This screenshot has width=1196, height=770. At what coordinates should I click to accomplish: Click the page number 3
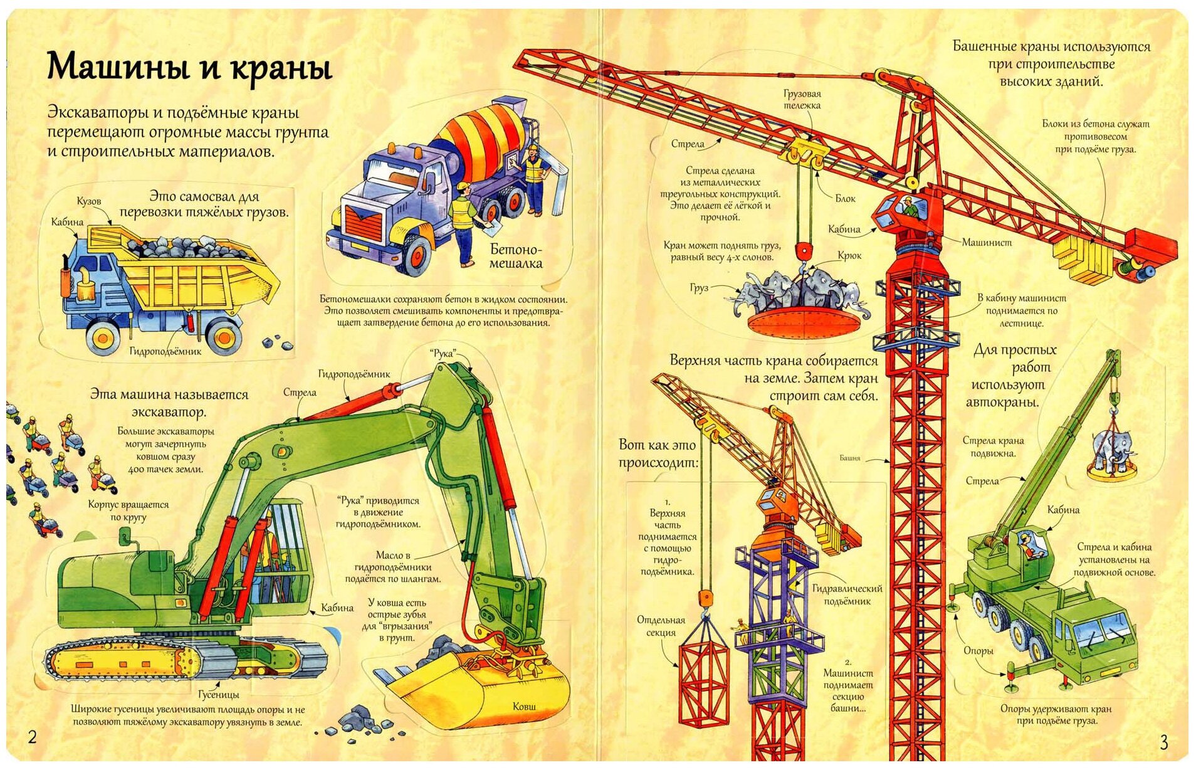tap(1164, 742)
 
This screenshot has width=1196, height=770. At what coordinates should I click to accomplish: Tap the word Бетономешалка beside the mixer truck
tap(516, 256)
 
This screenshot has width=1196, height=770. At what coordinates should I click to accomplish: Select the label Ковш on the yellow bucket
tap(524, 707)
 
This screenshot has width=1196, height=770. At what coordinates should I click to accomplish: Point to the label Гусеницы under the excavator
tap(218, 695)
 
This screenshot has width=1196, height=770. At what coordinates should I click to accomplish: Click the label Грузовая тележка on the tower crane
tap(802, 100)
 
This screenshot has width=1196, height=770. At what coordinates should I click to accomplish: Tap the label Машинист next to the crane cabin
tap(987, 243)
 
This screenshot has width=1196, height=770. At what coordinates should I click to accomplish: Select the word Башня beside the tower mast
tap(849, 458)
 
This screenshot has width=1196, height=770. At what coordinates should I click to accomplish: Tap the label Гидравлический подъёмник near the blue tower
tap(847, 595)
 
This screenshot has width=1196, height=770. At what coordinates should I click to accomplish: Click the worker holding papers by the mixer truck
tap(463, 219)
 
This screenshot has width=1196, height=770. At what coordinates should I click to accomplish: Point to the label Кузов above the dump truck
tap(89, 201)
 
